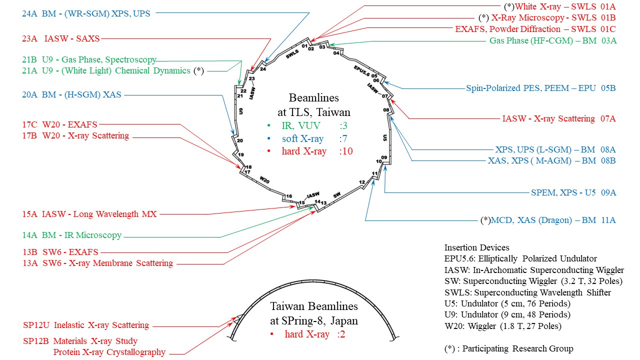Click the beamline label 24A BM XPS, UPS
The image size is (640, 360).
86,14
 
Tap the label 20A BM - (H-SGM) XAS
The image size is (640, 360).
71,94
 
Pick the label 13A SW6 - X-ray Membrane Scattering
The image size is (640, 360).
98,263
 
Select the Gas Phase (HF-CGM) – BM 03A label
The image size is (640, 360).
552,41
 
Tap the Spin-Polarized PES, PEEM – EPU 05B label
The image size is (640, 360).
541,88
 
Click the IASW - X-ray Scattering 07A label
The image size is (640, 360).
559,119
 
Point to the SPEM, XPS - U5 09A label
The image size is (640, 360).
573,192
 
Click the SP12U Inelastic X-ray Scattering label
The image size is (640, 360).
86,325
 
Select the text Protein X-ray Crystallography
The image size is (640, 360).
109,352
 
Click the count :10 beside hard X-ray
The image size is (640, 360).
345,151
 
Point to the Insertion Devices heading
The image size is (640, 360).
477,247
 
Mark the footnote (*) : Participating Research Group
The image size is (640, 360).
508,348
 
